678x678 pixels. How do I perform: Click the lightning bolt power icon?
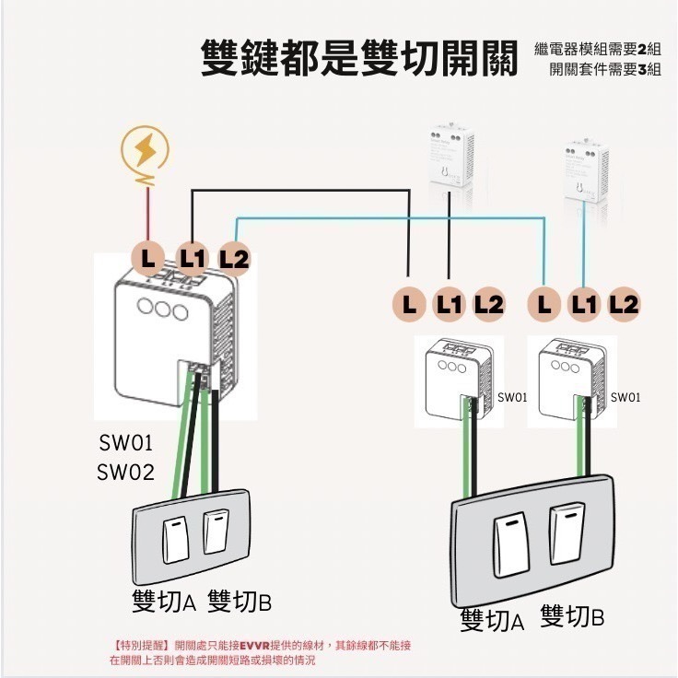pyautogui.click(x=146, y=151)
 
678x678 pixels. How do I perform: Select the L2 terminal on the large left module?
pyautogui.click(x=234, y=259)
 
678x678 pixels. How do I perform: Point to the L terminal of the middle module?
pyautogui.click(x=407, y=304)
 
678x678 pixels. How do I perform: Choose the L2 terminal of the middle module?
pyautogui.click(x=488, y=304)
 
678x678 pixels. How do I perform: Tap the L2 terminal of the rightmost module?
pyautogui.click(x=624, y=304)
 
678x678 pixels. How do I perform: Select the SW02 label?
pyautogui.click(x=125, y=473)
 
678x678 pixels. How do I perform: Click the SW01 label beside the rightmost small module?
pyautogui.click(x=625, y=398)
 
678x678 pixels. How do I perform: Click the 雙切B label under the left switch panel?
pyautogui.click(x=240, y=602)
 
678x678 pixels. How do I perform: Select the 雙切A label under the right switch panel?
pyautogui.click(x=492, y=620)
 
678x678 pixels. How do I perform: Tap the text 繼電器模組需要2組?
pyautogui.click(x=597, y=49)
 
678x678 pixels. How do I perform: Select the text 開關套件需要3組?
pyautogui.click(x=604, y=70)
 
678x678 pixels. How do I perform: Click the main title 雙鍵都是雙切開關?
pyautogui.click(x=361, y=58)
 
